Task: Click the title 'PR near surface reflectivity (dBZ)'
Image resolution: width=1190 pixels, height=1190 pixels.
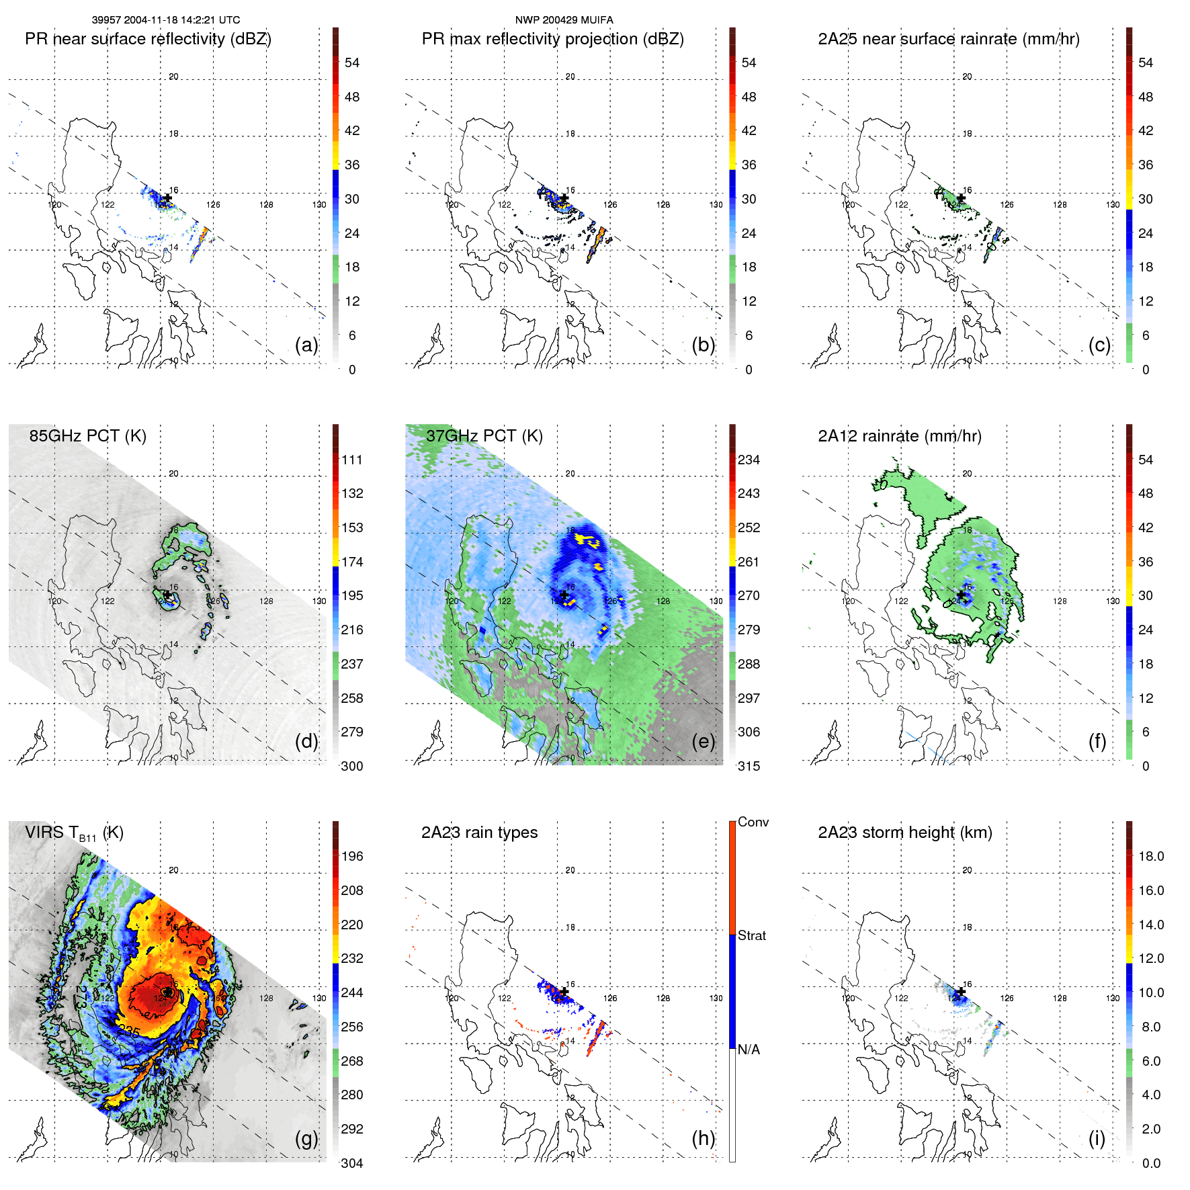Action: (148, 39)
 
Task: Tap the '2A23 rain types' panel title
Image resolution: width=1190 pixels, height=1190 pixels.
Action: (479, 833)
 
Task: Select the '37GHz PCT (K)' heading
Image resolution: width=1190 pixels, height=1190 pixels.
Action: (484, 436)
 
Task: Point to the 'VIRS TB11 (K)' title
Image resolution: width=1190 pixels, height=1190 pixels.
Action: (74, 833)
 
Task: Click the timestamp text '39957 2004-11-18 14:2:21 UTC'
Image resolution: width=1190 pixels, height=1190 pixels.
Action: (166, 20)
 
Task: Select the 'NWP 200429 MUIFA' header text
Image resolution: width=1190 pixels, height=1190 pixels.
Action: (564, 20)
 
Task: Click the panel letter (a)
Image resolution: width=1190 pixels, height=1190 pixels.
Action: (306, 345)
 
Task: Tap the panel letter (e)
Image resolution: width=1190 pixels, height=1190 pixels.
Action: (703, 741)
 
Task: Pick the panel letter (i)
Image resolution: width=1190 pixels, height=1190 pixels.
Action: (1097, 1138)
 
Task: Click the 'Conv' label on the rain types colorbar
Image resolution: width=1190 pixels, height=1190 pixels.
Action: (753, 822)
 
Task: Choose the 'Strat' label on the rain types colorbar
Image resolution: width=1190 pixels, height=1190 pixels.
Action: (752, 935)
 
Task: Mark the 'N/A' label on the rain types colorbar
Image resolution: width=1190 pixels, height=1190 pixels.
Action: (749, 1050)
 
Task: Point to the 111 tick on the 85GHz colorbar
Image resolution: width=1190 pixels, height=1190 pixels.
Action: (352, 460)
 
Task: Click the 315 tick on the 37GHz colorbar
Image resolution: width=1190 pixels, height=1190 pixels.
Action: (749, 766)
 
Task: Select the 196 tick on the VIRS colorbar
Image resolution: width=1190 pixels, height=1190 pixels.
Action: (352, 856)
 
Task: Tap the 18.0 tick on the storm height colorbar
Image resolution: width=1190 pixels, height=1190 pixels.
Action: (1151, 856)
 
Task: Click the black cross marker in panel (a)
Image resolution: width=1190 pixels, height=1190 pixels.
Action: (167, 198)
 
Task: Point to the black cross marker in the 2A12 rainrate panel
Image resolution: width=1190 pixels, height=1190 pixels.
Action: (962, 595)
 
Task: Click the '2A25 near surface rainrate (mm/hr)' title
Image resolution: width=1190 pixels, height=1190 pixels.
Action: (949, 39)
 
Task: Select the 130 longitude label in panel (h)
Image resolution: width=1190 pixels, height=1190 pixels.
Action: (716, 998)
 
